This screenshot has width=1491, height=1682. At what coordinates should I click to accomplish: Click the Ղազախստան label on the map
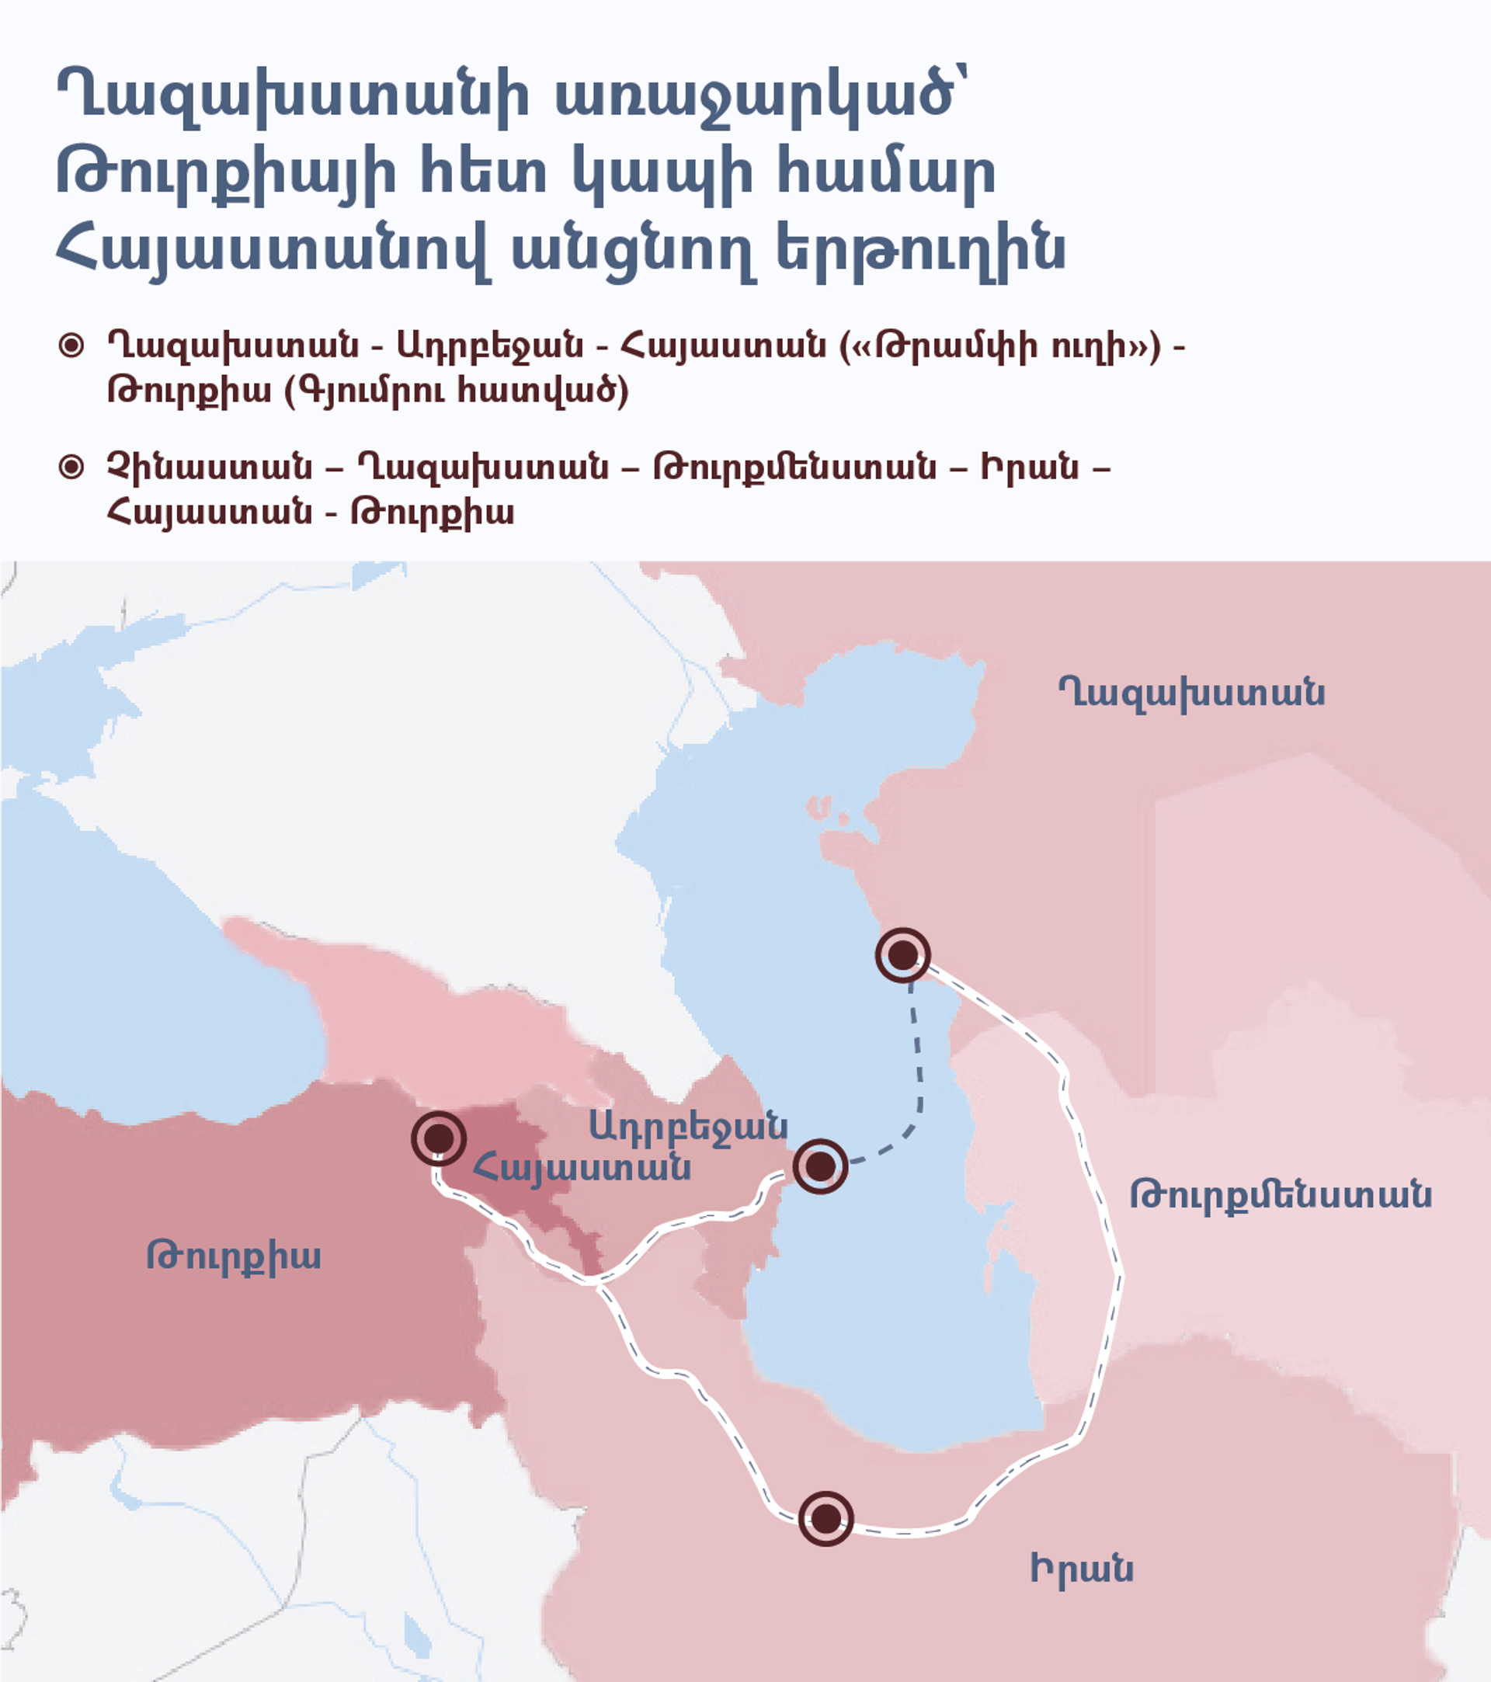[x=1190, y=693]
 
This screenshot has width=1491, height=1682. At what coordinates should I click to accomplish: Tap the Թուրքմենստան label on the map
[x=1281, y=1194]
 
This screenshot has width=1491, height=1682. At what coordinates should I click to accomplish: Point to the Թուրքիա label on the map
[x=233, y=1256]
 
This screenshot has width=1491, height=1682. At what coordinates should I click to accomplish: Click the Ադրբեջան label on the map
[x=688, y=1126]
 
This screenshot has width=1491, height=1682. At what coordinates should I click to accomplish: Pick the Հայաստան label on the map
[x=581, y=1167]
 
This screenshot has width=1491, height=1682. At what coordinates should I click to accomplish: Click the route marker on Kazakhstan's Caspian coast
[x=902, y=955]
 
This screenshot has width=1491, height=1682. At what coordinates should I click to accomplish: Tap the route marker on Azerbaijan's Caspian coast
[x=819, y=1166]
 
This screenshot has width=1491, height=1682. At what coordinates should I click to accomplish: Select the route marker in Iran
[x=825, y=1518]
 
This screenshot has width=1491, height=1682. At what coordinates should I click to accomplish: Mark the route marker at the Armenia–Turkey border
[x=439, y=1139]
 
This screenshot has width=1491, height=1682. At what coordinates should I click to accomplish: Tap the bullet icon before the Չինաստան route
[x=71, y=467]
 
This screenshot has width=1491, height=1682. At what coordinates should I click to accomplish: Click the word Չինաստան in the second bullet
[x=210, y=467]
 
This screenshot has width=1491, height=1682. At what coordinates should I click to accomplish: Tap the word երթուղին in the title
[x=921, y=250]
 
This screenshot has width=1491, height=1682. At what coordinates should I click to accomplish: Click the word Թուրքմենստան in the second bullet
[x=794, y=467]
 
